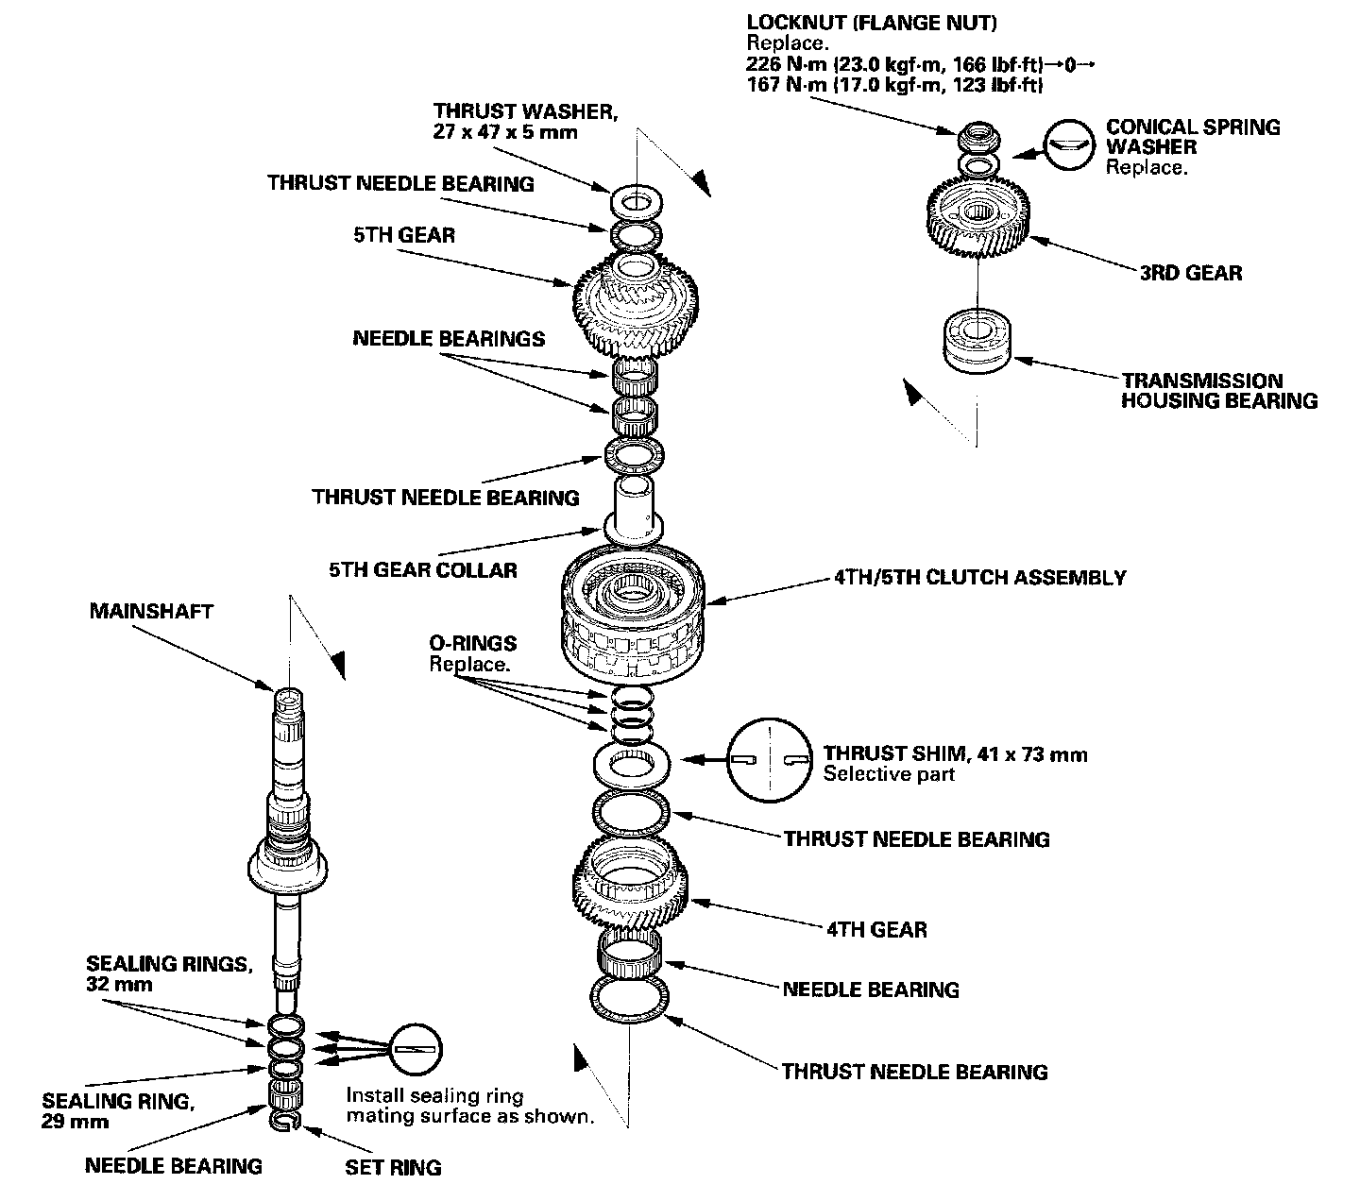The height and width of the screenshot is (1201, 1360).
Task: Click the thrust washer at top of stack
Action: point(636,200)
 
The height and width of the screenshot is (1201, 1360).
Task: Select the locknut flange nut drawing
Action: point(976,137)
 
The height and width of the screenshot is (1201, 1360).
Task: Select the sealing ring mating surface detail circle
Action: point(416,1049)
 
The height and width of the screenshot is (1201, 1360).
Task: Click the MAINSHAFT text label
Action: point(151,611)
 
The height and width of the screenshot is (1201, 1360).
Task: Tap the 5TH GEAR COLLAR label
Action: point(422,569)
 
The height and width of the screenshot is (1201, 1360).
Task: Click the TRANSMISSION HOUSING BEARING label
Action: point(1218,391)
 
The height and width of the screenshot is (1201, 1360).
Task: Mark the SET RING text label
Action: point(393,1167)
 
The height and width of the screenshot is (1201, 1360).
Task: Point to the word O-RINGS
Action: point(473,643)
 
